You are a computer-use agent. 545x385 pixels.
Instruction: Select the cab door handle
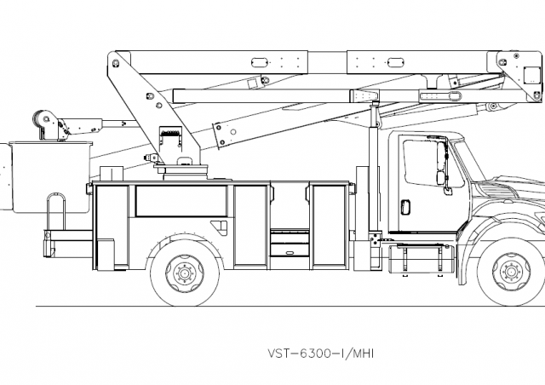(406, 205)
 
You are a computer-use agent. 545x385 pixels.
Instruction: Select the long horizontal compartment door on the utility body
(181, 200)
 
